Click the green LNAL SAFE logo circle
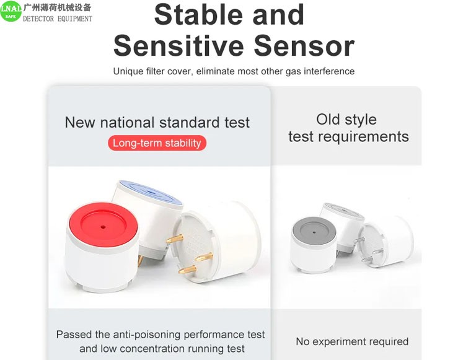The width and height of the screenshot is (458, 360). point(11,11)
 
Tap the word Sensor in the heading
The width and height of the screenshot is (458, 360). point(304,46)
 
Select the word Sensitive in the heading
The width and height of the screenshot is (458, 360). point(178,46)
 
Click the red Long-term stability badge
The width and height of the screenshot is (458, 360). point(157,143)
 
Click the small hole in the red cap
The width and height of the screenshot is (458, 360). point(103,226)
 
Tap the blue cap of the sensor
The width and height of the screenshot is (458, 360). point(151,192)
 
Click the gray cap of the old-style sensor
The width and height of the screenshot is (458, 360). point(314,232)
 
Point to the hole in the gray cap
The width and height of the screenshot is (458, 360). point(314,233)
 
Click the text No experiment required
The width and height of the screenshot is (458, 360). point(352,341)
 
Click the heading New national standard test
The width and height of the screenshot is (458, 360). point(157,122)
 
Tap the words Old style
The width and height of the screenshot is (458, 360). point(346,120)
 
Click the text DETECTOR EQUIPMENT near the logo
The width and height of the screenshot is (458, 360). point(58,19)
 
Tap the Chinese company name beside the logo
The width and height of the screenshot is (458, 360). point(57,7)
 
